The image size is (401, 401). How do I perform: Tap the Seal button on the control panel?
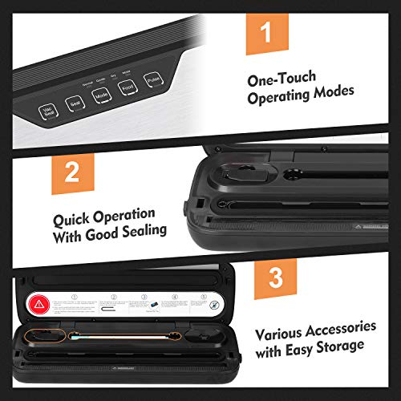pyautogui.click(x=73, y=105)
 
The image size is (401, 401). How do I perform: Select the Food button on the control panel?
pyautogui.click(x=127, y=88)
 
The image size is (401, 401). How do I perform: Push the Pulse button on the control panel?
pyautogui.click(x=153, y=82)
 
